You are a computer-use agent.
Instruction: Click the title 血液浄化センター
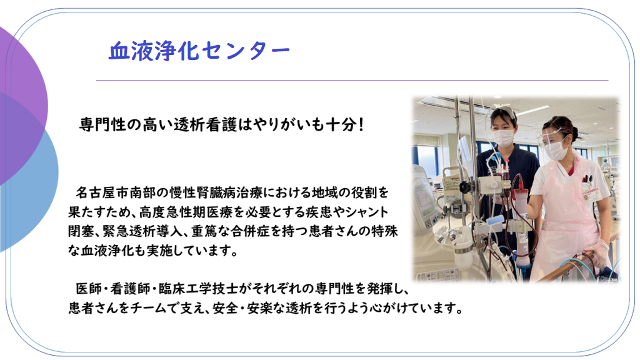(199, 51)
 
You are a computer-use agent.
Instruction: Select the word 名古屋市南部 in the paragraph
(112, 190)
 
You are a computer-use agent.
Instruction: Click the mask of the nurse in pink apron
(555, 150)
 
